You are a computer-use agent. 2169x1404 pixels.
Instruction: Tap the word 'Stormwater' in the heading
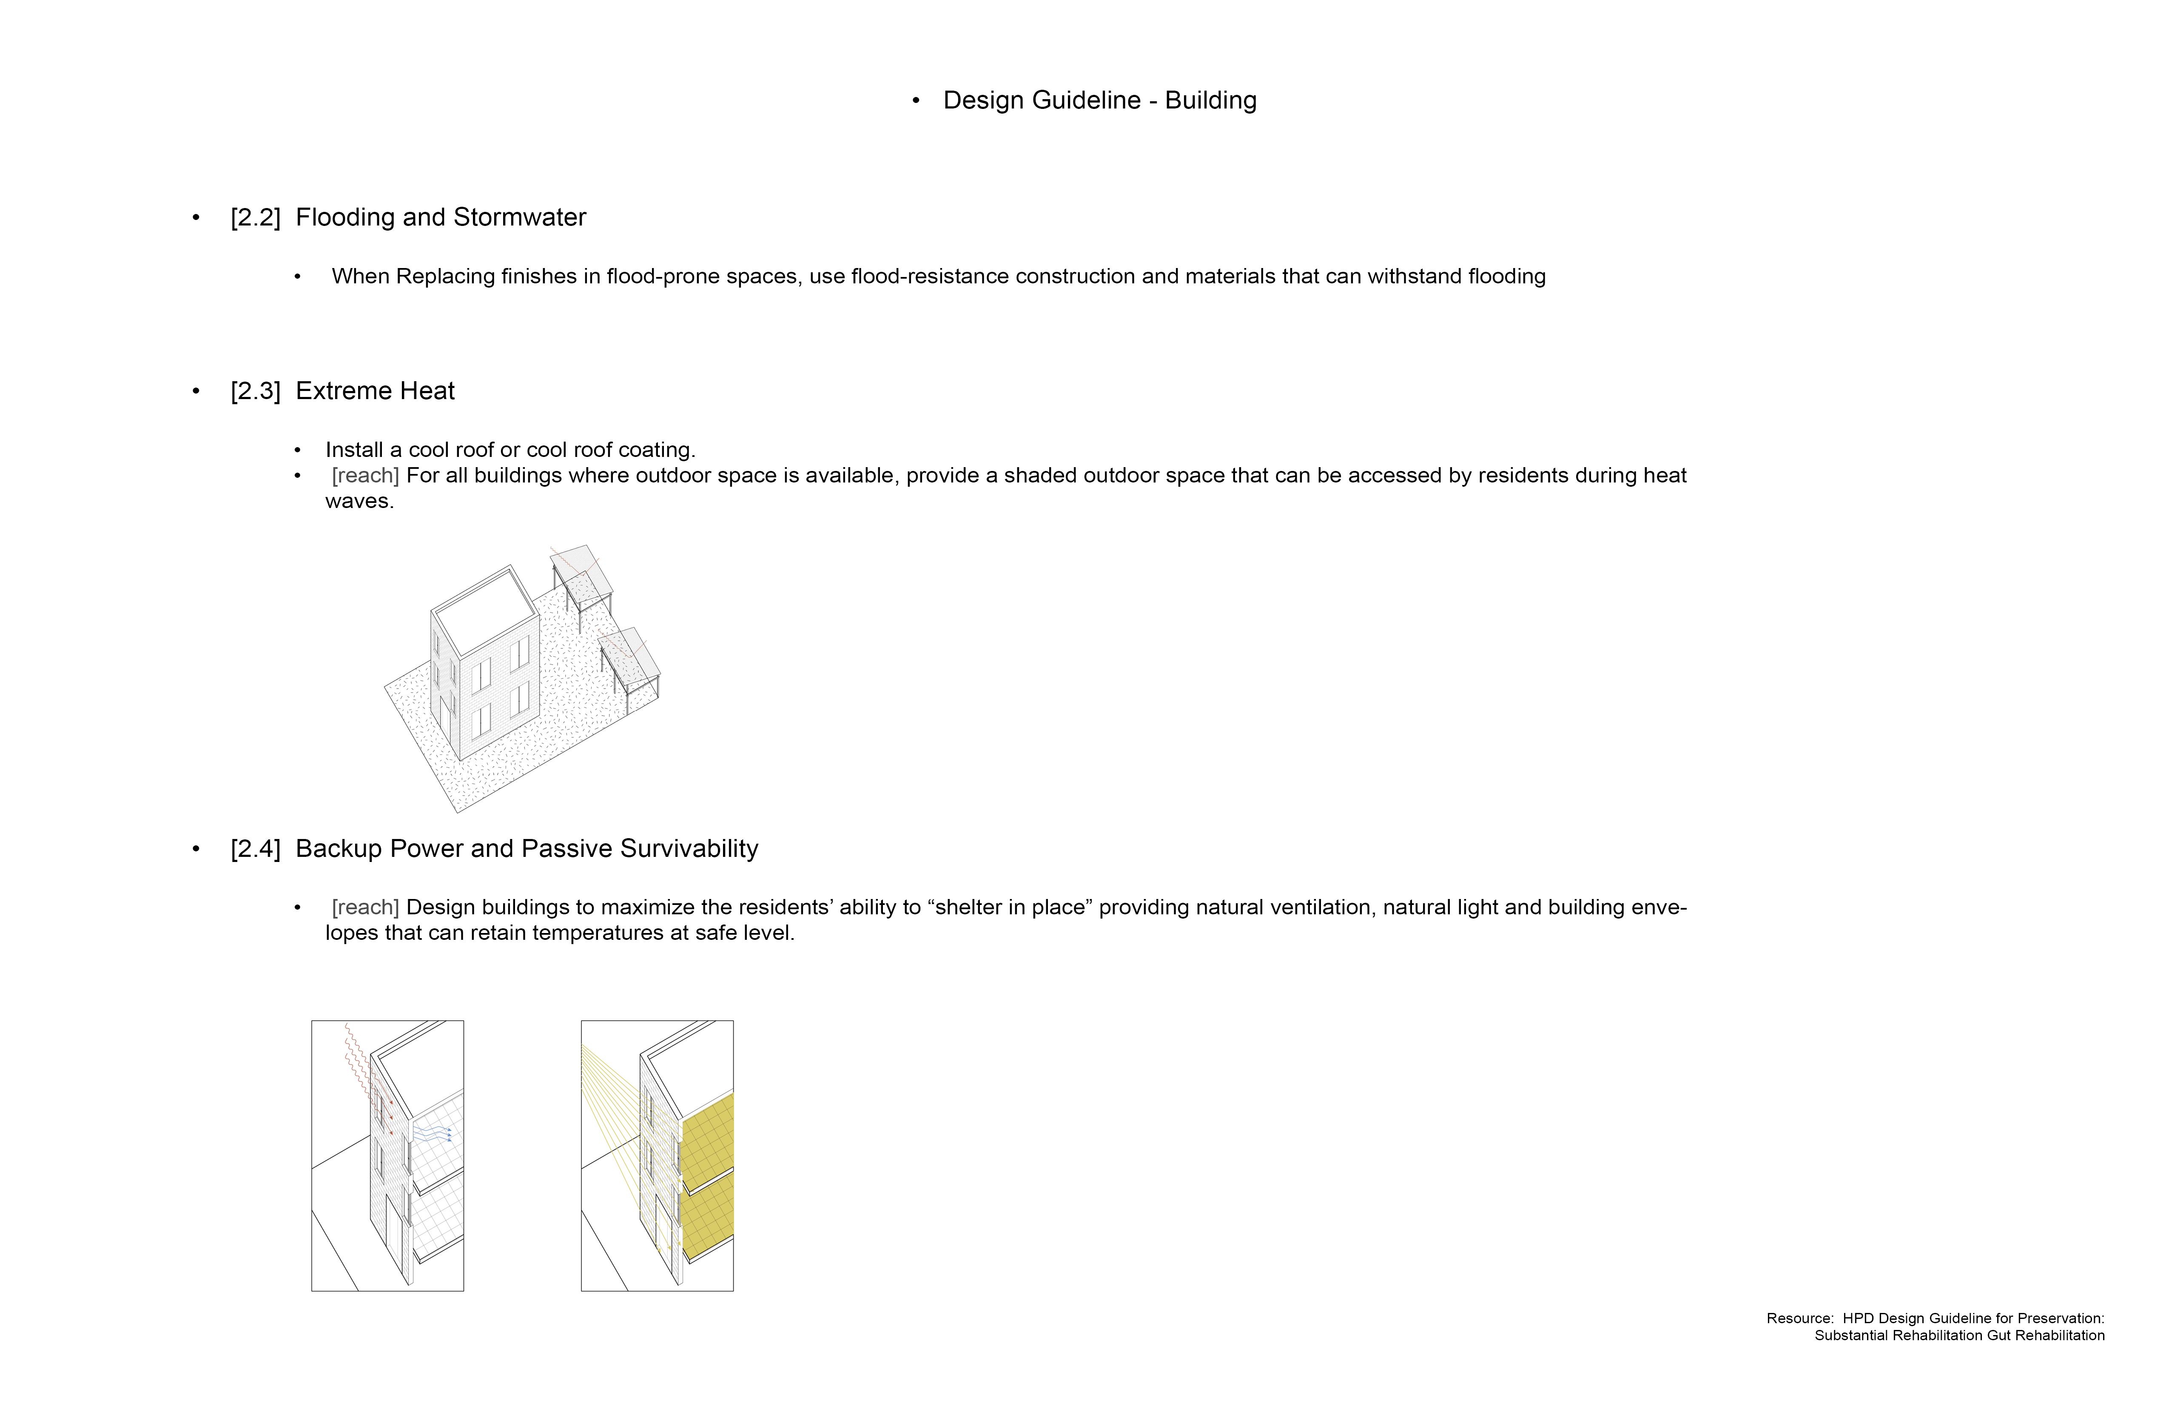pyautogui.click(x=519, y=217)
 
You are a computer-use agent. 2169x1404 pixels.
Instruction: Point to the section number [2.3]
pyautogui.click(x=255, y=391)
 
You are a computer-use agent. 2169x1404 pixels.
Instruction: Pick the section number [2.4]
pyautogui.click(x=255, y=849)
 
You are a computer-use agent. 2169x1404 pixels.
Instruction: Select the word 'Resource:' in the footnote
pyautogui.click(x=1800, y=1318)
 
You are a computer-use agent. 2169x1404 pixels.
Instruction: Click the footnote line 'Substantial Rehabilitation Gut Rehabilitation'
pyautogui.click(x=1959, y=1336)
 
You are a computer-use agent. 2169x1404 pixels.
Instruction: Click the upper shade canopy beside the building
pyautogui.click(x=581, y=572)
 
